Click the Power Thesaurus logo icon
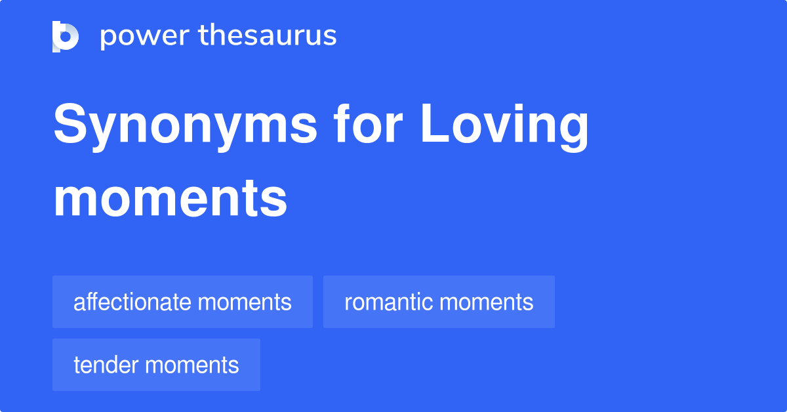point(66,36)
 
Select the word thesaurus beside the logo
point(268,36)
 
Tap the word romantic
point(388,302)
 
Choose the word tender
point(108,365)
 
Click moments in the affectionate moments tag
point(245,302)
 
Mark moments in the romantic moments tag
point(487,302)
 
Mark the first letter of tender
point(77,365)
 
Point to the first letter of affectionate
point(78,303)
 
